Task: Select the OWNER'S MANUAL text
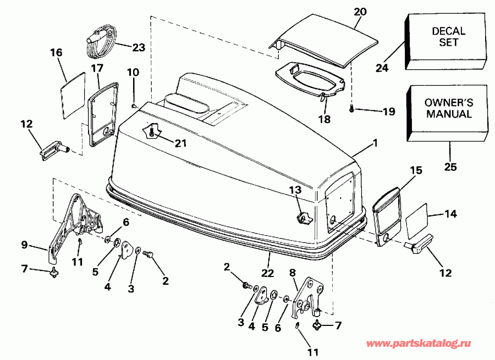point(448,108)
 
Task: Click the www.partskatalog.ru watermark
point(419,344)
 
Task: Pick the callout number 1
point(375,143)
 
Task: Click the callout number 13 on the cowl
point(295,190)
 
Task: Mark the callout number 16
point(57,53)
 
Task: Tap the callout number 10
point(134,72)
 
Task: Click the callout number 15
point(416,170)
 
